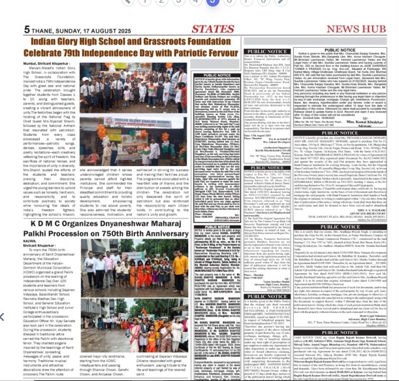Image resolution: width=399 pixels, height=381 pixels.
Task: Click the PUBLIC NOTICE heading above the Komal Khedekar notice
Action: pos(348,52)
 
